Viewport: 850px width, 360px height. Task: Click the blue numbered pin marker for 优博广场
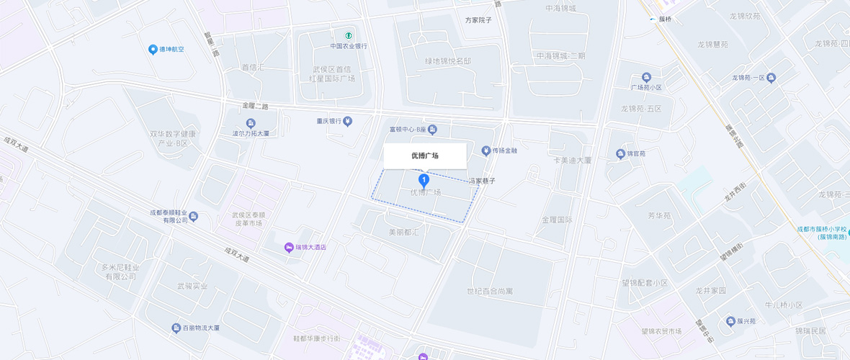pyautogui.click(x=424, y=180)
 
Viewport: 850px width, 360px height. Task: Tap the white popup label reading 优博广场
pyautogui.click(x=425, y=156)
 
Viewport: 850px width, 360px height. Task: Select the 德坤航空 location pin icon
pyautogui.click(x=153, y=50)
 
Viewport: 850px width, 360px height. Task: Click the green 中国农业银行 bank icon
pyautogui.click(x=349, y=35)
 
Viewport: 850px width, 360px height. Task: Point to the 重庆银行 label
pyautogui.click(x=328, y=121)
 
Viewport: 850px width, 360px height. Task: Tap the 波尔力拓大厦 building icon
pyautogui.click(x=251, y=123)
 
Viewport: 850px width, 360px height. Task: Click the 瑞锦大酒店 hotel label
pyautogui.click(x=310, y=247)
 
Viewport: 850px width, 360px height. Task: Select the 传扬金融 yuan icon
pyautogui.click(x=486, y=150)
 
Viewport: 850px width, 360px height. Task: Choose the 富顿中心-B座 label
pyautogui.click(x=408, y=130)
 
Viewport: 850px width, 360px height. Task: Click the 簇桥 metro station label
pyautogui.click(x=665, y=19)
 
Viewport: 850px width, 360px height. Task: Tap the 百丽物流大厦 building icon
pyautogui.click(x=176, y=328)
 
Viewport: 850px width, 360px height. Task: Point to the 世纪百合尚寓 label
pyautogui.click(x=490, y=291)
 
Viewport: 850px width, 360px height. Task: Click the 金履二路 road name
pyautogui.click(x=255, y=106)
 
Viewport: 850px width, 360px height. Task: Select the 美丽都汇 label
pyautogui.click(x=404, y=233)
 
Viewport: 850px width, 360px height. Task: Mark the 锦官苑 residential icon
pyautogui.click(x=619, y=153)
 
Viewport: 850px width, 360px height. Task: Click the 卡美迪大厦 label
pyautogui.click(x=572, y=160)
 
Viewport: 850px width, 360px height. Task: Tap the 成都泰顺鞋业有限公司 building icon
pyautogui.click(x=194, y=217)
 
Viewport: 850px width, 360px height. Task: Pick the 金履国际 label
pyautogui.click(x=557, y=220)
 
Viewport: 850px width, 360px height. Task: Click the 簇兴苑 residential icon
pyautogui.click(x=731, y=321)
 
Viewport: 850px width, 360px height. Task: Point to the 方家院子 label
pyautogui.click(x=478, y=20)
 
